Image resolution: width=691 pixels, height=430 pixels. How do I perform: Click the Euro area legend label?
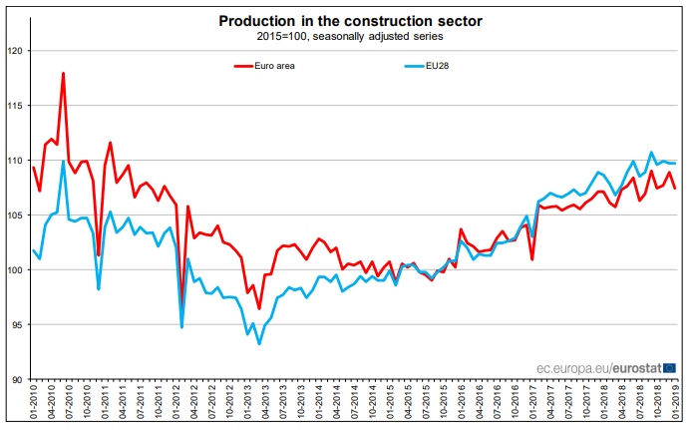click(274, 66)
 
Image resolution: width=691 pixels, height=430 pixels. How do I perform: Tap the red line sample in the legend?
click(241, 66)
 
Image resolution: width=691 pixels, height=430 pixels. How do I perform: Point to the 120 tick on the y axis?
click(15, 50)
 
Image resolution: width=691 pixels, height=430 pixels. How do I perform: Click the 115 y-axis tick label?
click(15, 105)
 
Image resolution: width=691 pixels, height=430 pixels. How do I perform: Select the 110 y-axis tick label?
click(15, 160)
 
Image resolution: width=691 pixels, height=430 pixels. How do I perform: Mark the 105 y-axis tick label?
click(15, 215)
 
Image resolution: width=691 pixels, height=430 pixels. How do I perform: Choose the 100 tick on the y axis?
click(15, 269)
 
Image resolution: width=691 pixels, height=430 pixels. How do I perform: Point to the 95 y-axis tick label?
click(17, 324)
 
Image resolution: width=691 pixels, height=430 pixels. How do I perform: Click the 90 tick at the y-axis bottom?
click(17, 379)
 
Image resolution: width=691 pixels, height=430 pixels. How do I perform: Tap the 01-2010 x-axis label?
click(34, 405)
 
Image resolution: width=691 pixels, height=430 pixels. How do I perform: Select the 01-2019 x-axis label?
click(678, 405)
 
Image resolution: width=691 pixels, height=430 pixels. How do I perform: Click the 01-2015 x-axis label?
click(392, 405)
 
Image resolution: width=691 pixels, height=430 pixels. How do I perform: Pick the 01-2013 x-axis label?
click(248, 405)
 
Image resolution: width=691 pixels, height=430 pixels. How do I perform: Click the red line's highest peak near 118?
click(64, 73)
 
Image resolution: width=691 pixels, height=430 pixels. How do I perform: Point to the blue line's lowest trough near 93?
click(259, 343)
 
